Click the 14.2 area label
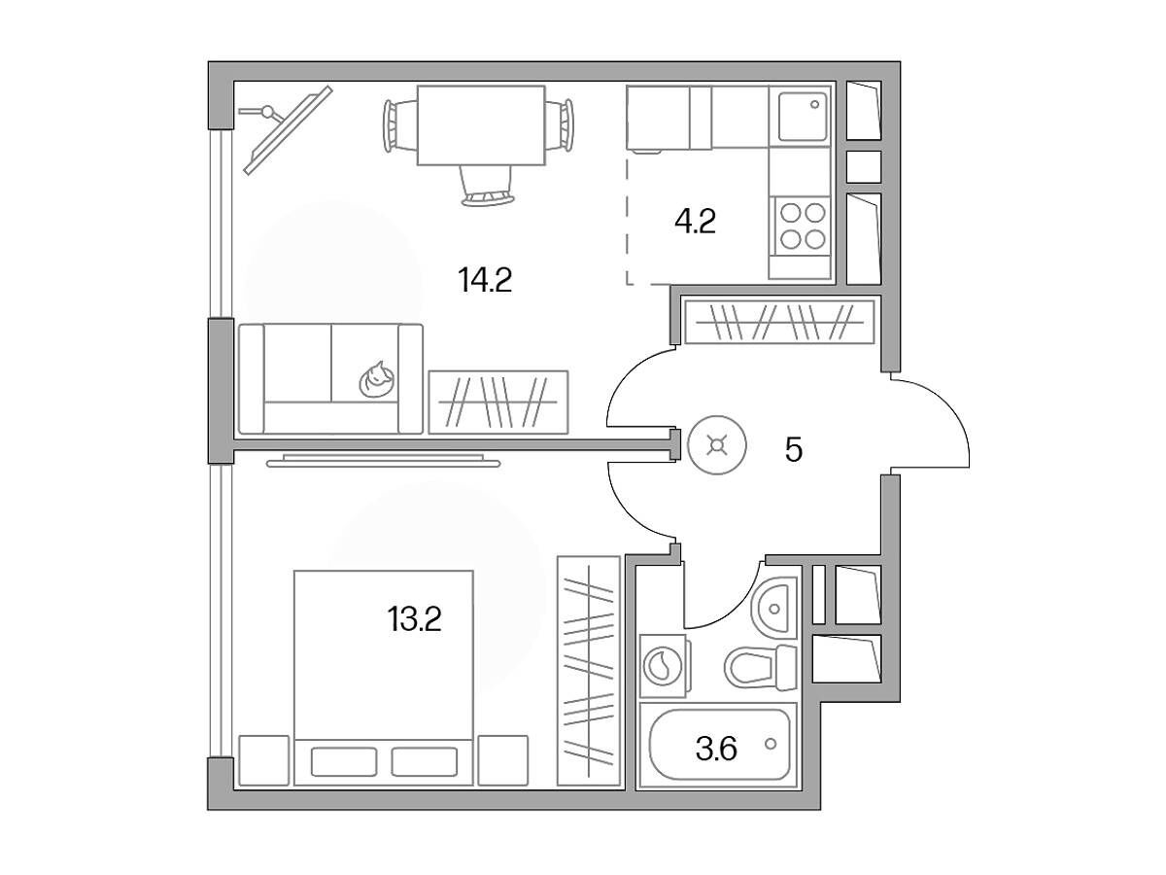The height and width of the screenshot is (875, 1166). (485, 281)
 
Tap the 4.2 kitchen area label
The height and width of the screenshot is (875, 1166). (695, 222)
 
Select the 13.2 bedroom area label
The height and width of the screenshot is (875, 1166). (414, 619)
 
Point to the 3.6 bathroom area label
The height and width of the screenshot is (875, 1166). (716, 749)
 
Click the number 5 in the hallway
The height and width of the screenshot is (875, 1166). (794, 450)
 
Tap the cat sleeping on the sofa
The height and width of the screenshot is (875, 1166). (377, 379)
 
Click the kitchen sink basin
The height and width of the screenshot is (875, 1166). (803, 117)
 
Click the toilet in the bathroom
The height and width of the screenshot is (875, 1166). (761, 667)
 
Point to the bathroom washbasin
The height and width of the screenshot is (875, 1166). (774, 608)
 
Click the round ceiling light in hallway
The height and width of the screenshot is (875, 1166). (716, 445)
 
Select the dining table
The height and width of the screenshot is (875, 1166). (481, 125)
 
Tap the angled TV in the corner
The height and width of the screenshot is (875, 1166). (288, 130)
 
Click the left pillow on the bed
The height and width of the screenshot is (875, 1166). (344, 762)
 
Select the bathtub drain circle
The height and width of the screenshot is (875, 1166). (771, 744)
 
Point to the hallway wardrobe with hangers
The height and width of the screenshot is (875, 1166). (779, 323)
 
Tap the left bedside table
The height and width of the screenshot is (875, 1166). (264, 760)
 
